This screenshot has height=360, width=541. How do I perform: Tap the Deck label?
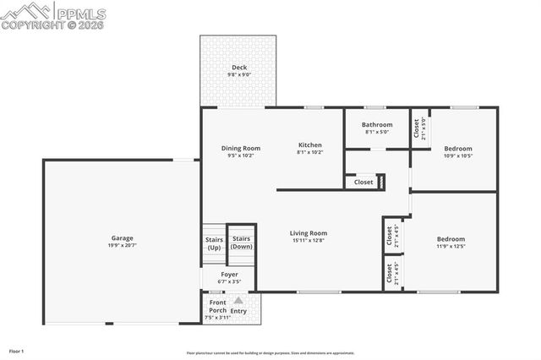click(238, 68)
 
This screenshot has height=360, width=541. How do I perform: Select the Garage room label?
click(122, 237)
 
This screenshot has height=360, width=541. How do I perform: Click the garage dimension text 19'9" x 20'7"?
click(122, 245)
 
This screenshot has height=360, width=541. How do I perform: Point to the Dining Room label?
click(240, 148)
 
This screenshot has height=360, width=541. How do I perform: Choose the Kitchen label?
click(309, 145)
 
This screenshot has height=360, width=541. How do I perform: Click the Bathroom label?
click(377, 125)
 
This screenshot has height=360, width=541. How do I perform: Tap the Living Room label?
click(308, 233)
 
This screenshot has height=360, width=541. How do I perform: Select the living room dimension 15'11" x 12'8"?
click(308, 241)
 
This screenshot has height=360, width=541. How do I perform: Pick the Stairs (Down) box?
click(242, 243)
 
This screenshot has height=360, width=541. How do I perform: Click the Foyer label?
click(229, 274)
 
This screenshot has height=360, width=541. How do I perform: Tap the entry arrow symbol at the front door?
click(238, 300)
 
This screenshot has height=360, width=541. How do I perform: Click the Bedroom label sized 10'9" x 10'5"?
click(457, 149)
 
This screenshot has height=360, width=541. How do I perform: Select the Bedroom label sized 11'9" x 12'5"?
click(451, 239)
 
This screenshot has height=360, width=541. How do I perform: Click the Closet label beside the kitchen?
click(363, 182)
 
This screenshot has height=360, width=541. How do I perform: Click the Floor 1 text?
click(17, 350)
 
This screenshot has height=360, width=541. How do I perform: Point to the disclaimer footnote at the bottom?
click(270, 353)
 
